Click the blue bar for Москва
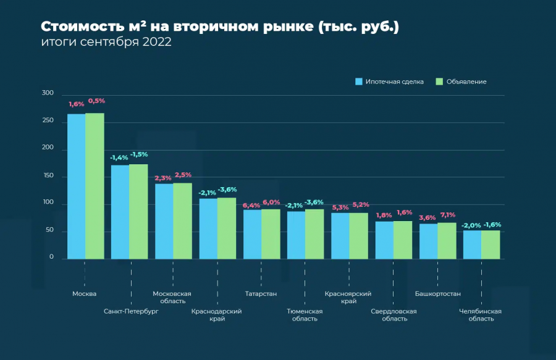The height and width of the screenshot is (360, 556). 76,186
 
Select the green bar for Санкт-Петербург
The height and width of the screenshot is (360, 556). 138,211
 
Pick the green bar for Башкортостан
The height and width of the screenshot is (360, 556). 447,240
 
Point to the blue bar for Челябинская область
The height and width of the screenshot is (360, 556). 472,245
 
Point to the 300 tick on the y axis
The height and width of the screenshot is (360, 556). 48,93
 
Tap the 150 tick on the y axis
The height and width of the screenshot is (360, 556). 48,176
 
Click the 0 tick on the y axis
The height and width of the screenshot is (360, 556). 52,257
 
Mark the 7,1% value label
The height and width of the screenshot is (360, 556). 447,215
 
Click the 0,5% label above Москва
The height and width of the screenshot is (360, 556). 96,101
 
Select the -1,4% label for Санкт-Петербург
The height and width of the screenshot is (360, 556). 119,157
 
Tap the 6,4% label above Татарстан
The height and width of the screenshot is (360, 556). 251,205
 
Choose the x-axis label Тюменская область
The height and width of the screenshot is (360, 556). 305,315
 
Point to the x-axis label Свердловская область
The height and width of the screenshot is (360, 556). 394,315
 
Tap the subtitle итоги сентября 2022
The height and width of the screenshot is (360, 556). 106,43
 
